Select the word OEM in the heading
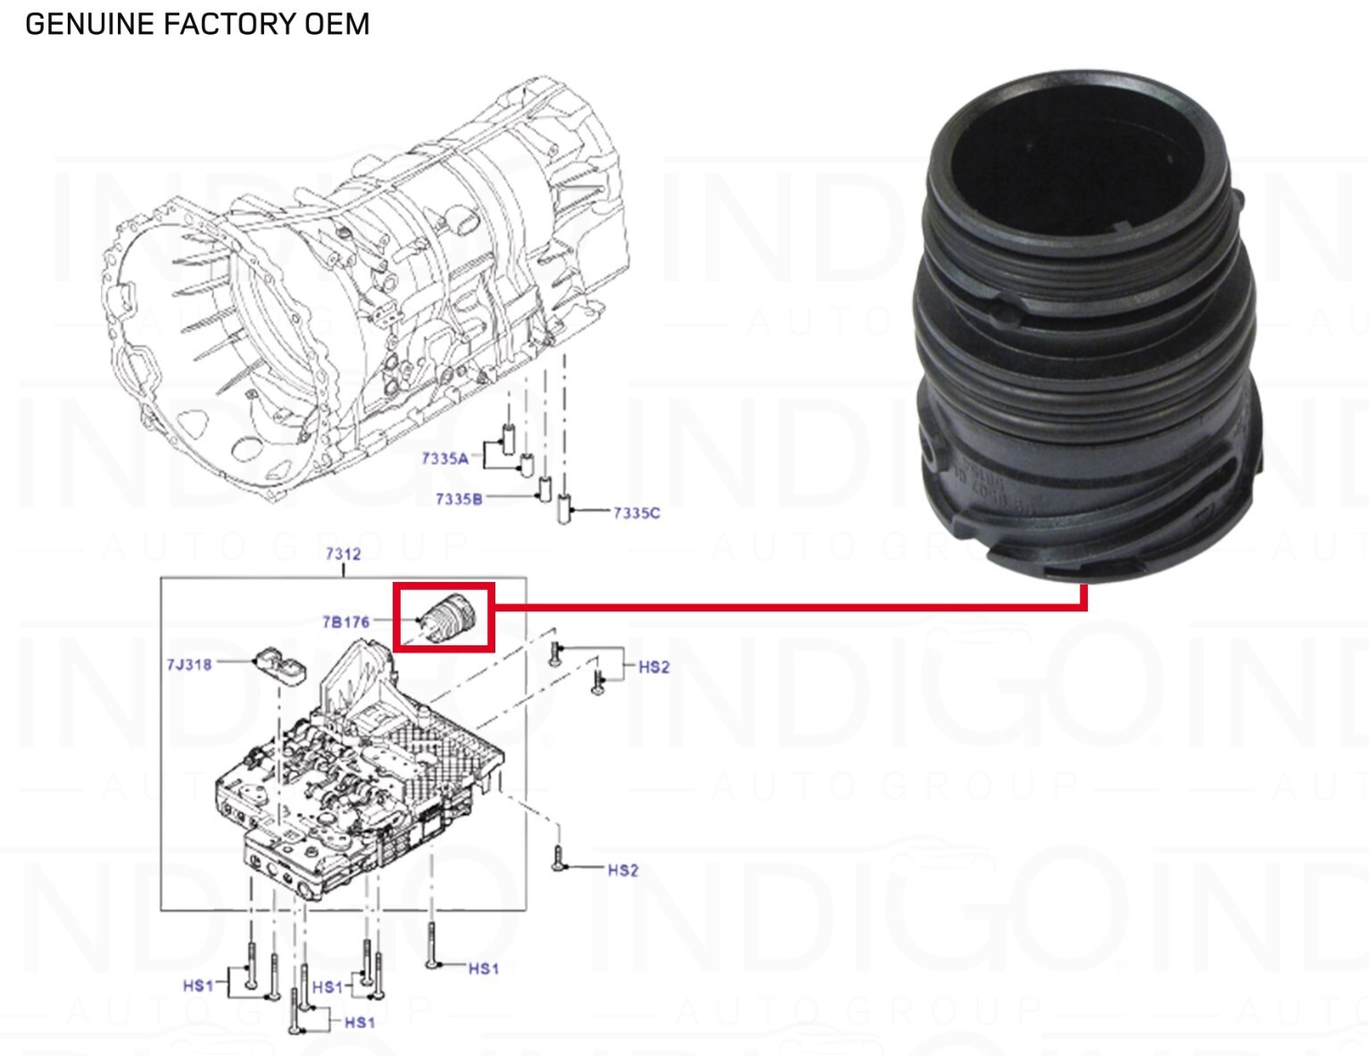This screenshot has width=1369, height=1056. [x=336, y=24]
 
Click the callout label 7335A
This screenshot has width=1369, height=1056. [x=445, y=459]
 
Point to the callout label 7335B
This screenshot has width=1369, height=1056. [x=459, y=499]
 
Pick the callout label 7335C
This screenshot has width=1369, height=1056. [x=636, y=512]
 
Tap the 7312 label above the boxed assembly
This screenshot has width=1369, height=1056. [x=343, y=553]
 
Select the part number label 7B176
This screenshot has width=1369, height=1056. [x=345, y=621]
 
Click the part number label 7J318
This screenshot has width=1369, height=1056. [x=189, y=664]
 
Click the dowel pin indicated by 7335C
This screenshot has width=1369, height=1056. [x=563, y=511]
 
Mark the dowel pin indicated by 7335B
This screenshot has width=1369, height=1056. [x=543, y=490]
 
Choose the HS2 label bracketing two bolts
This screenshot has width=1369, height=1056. [x=653, y=667]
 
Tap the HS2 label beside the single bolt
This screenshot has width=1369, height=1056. [x=623, y=869]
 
